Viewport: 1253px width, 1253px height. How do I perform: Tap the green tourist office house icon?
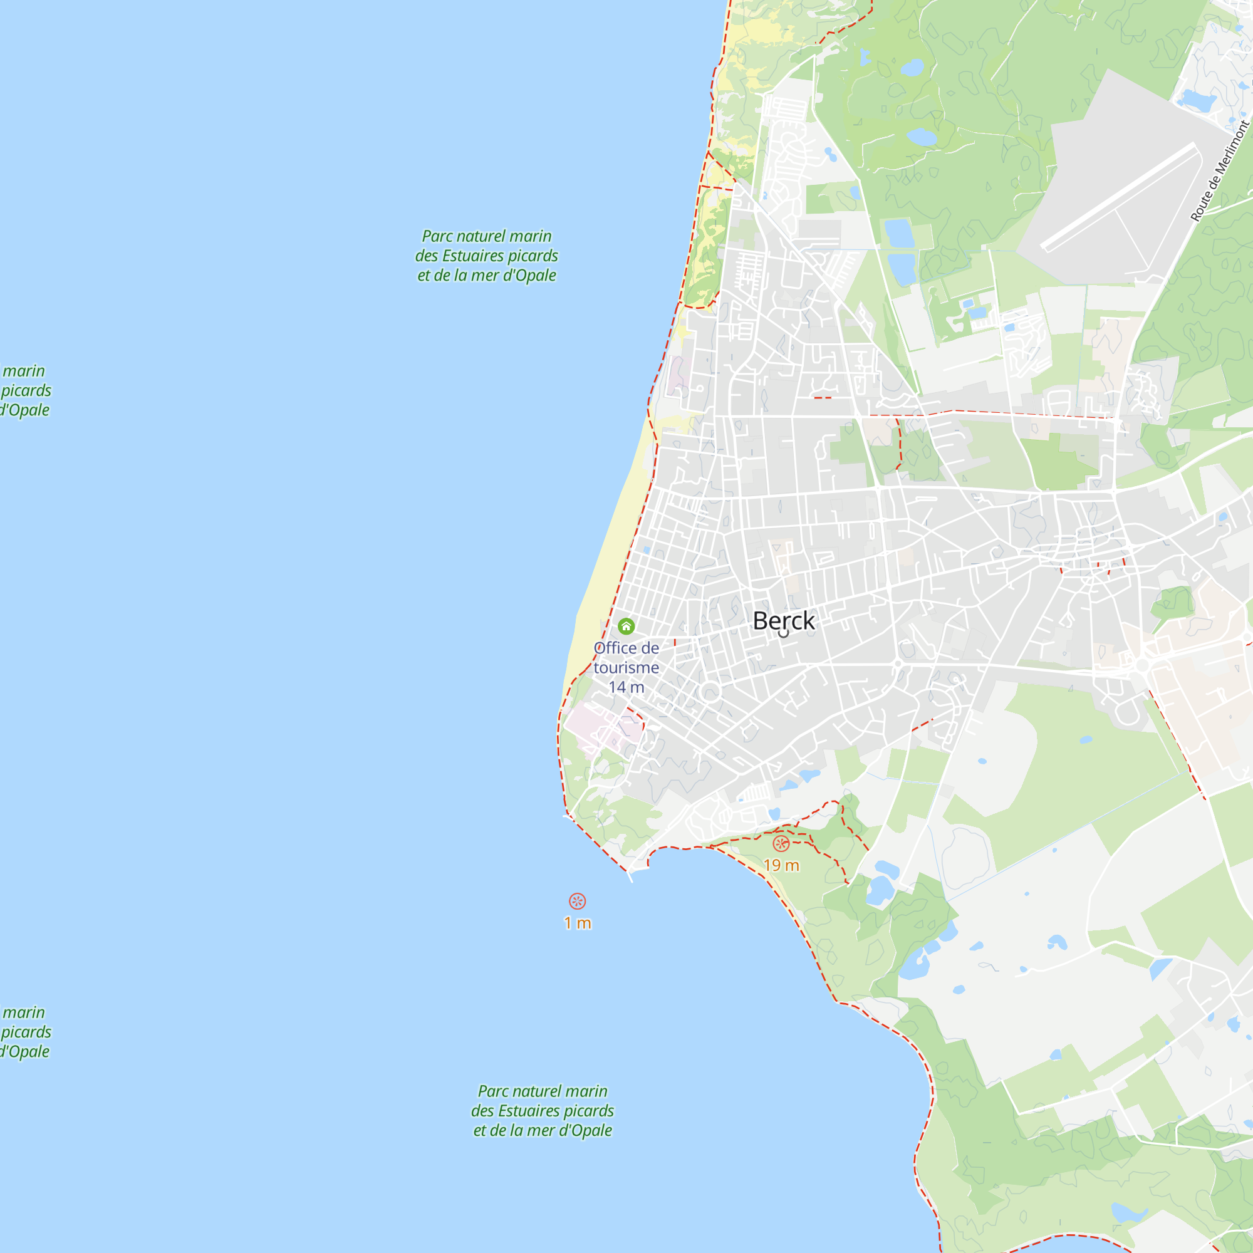(x=626, y=626)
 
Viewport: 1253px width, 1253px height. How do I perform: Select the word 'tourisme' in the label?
(x=626, y=667)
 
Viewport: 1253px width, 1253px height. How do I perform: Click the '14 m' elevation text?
(x=626, y=687)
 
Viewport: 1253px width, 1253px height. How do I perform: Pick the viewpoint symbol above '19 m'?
(x=781, y=844)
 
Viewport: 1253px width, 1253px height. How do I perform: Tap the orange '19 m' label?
(x=781, y=865)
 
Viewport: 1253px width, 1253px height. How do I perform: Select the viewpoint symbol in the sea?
(x=577, y=901)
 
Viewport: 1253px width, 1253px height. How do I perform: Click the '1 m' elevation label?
(x=577, y=923)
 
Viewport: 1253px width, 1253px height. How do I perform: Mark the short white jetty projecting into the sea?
(x=629, y=876)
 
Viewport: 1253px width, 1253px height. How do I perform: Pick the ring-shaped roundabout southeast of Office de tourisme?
(x=710, y=692)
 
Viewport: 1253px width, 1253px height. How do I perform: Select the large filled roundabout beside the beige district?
(x=1143, y=666)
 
